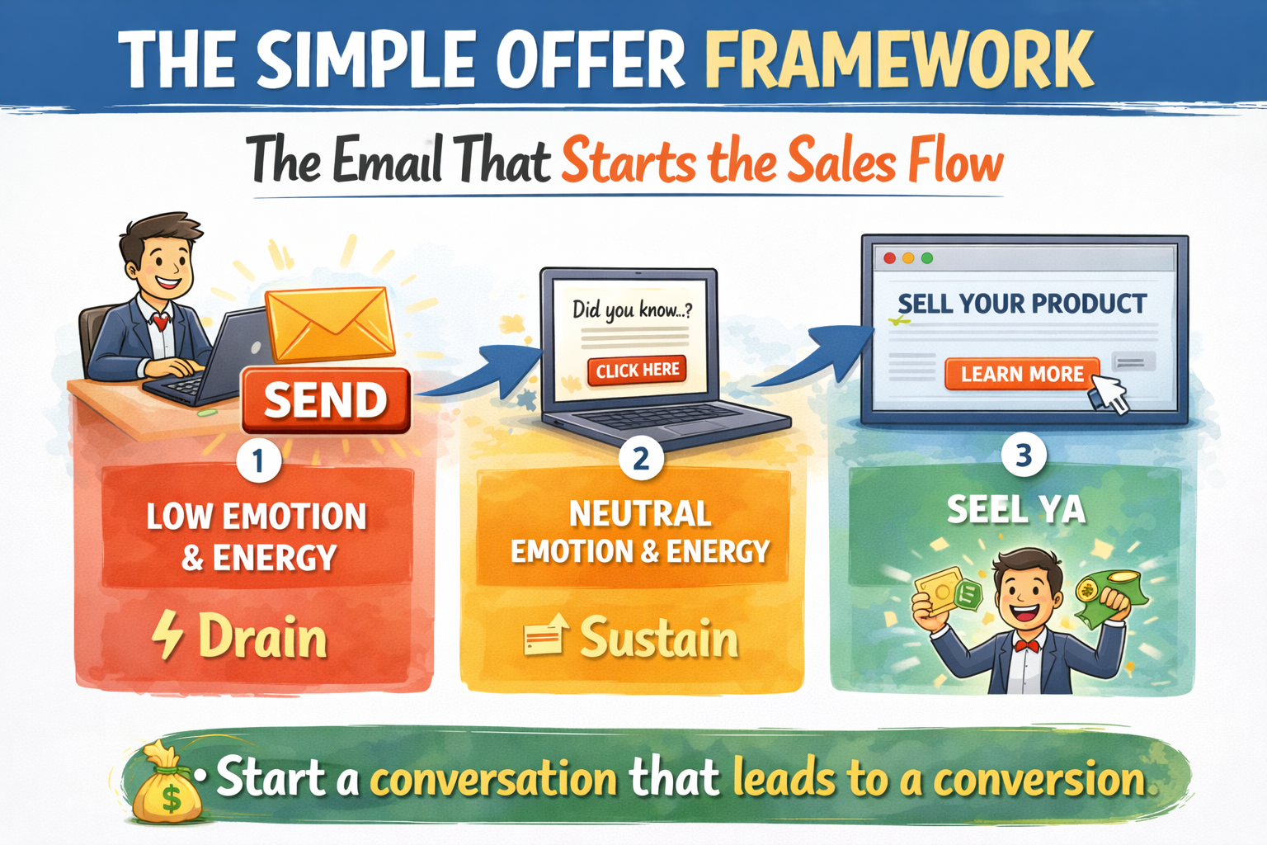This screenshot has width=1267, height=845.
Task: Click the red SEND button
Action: [326, 400]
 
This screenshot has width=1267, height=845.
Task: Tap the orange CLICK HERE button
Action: [638, 370]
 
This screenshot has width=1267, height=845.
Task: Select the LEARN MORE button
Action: [1022, 374]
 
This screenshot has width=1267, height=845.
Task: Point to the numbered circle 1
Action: [258, 460]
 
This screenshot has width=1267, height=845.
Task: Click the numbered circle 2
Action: [641, 458]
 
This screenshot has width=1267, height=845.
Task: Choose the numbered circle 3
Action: [1023, 456]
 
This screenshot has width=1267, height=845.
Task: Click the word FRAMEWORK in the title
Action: [899, 59]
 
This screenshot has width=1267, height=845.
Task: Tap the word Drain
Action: [262, 638]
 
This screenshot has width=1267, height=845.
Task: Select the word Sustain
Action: [658, 639]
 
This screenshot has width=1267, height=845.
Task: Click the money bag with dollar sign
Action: [167, 784]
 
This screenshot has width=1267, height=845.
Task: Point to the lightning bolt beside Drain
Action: [167, 635]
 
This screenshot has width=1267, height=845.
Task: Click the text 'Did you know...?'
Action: [632, 309]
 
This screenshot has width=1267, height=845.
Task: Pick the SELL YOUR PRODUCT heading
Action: [1022, 304]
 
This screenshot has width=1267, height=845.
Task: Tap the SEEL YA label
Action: [1015, 509]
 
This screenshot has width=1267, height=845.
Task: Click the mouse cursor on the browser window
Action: [1110, 393]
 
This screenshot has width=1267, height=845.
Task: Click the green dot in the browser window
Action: [927, 258]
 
